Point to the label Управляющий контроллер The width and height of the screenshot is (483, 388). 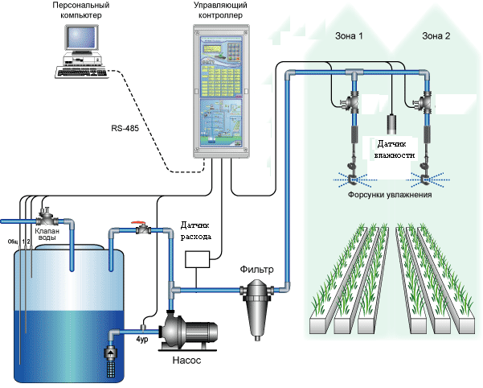click(x=222, y=11)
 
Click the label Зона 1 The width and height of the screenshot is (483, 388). click(x=348, y=36)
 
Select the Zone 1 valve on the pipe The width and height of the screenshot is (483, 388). click(x=350, y=105)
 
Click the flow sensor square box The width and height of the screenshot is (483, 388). click(x=198, y=259)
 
